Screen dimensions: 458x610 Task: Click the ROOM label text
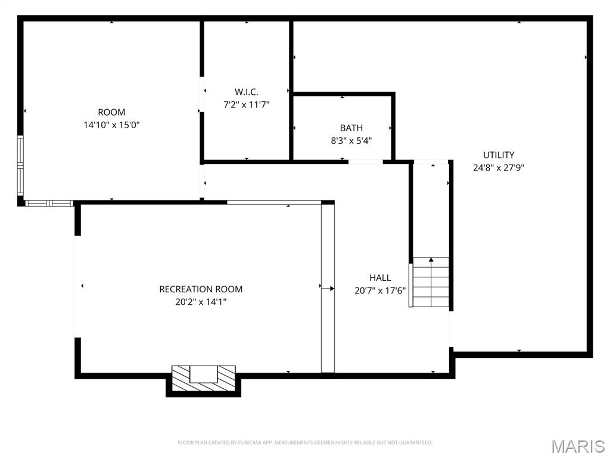pos(111,112)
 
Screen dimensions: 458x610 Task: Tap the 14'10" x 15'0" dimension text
pos(111,125)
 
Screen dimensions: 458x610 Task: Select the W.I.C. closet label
pos(246,92)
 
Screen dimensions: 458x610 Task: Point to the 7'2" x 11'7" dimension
pos(246,104)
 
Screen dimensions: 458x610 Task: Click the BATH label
pos(351,128)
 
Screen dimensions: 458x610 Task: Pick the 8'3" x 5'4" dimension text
pos(351,141)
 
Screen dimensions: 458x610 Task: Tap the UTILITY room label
pos(499,155)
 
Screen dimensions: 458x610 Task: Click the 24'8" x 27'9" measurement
pos(499,168)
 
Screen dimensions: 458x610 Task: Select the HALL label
pos(380,277)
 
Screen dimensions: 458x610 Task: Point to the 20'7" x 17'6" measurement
pos(380,290)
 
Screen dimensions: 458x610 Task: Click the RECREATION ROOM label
pos(201,289)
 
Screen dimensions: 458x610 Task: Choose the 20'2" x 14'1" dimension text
pos(201,302)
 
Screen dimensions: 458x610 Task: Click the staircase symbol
pos(430,282)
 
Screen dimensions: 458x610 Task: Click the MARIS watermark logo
pos(578,446)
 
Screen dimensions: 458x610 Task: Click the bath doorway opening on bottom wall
pos(365,162)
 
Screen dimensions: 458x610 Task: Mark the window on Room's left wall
pos(20,167)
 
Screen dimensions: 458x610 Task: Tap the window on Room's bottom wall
pos(49,203)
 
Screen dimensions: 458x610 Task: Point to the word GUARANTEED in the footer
pos(415,442)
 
